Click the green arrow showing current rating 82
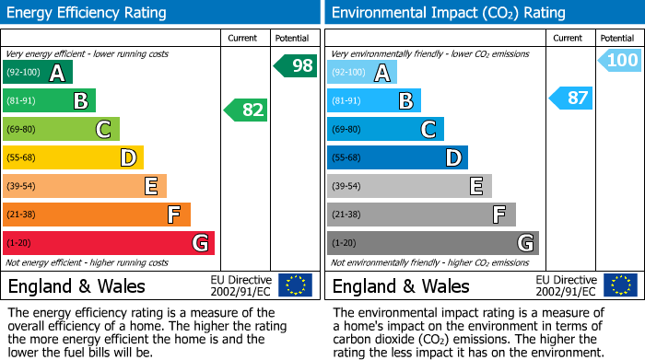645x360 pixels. click(246, 110)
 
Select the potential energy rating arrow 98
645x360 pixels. click(295, 65)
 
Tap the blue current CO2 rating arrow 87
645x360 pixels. click(572, 98)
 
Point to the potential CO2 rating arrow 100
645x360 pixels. click(620, 61)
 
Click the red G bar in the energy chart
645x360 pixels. click(108, 243)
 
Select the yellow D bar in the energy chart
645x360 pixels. click(73, 157)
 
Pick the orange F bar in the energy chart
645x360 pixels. click(97, 215)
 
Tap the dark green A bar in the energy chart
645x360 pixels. click(38, 73)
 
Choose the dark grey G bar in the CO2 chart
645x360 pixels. click(432, 243)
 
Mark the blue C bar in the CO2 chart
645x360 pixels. click(386, 129)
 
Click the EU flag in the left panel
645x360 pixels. click(295, 285)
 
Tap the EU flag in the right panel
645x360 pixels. click(622, 285)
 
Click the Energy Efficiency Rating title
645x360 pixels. click(88, 13)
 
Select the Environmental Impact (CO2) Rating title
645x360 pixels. click(448, 13)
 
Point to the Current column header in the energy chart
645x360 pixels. click(244, 38)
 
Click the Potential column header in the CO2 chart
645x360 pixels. click(617, 38)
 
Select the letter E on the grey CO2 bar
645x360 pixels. click(476, 186)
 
